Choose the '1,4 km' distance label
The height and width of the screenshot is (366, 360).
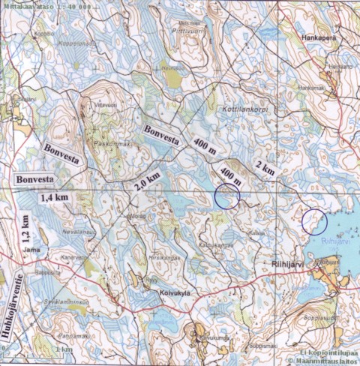[53, 198]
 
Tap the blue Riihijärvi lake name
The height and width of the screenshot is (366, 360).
[333, 242]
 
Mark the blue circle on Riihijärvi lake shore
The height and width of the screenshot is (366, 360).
[313, 221]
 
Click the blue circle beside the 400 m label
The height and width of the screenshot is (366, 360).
[226, 196]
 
